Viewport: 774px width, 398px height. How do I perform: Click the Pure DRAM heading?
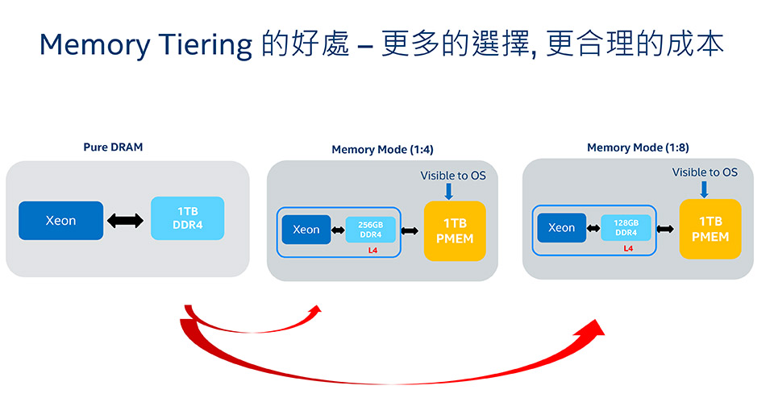(113, 147)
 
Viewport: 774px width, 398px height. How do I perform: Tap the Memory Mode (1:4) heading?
(382, 149)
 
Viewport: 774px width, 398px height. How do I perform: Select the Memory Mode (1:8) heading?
(638, 147)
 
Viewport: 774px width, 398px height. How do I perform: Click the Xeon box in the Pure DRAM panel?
(60, 221)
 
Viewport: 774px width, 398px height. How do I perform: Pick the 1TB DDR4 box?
(188, 218)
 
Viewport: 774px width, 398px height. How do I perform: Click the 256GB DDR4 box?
(370, 230)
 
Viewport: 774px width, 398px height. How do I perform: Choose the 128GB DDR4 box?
(626, 227)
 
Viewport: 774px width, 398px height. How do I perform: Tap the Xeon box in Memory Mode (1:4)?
(306, 230)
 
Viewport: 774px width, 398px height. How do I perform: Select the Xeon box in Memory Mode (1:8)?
(562, 227)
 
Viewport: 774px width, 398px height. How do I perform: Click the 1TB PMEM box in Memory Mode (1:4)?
(455, 230)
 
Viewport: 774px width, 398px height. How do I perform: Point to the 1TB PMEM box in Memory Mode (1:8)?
(710, 229)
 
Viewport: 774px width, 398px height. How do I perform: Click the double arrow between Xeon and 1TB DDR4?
(126, 221)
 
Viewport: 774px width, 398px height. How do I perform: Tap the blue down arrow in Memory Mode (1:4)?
(449, 191)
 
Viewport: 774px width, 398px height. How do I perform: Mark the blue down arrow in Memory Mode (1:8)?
(705, 189)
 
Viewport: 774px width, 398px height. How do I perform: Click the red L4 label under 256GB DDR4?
(372, 251)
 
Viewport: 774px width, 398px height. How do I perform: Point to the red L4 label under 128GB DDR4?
(628, 249)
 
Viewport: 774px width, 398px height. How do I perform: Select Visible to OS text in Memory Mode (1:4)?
(453, 176)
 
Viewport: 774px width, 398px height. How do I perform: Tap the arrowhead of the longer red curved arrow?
(594, 328)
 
